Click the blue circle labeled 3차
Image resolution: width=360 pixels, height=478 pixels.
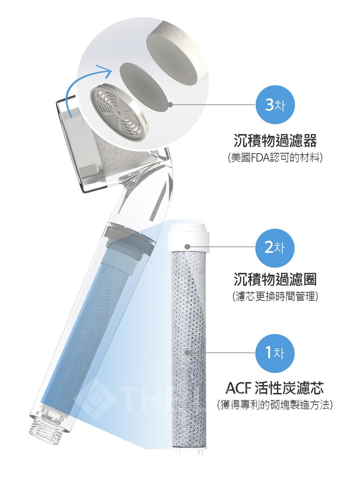coord(274,105)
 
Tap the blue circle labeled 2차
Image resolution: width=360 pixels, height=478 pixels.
coord(274,248)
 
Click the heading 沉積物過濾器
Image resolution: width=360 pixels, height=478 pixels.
coord(275,141)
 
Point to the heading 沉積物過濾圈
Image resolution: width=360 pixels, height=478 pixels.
coord(275,280)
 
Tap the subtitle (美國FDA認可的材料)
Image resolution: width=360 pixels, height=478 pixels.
coord(275,157)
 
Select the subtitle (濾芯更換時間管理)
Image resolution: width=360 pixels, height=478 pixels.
coord(275,296)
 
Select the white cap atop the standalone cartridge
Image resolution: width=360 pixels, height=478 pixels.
coord(189,238)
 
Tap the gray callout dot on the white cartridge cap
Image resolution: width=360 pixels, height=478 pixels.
coord(187,247)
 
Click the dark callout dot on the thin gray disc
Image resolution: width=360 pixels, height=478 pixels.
coord(170,105)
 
